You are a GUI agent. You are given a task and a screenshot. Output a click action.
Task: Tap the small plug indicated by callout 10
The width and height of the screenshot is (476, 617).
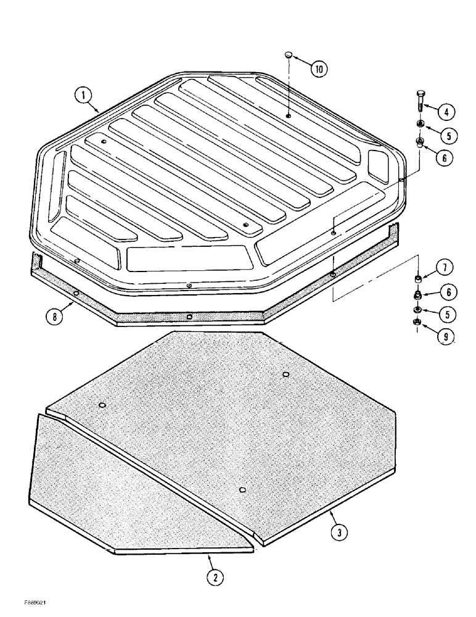coord(288,56)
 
